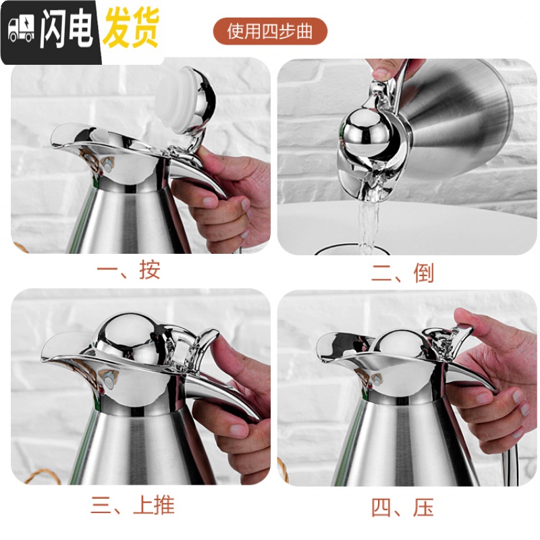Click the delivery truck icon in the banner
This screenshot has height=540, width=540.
(21, 29)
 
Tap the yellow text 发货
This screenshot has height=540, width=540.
(131, 28)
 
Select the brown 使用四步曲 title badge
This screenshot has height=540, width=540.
(269, 31)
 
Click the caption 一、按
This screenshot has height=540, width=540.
(128, 269)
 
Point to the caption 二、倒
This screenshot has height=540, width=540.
(402, 273)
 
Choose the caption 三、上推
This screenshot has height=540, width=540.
(133, 504)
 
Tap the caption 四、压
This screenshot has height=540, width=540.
(402, 508)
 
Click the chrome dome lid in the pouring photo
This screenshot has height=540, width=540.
(366, 132)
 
